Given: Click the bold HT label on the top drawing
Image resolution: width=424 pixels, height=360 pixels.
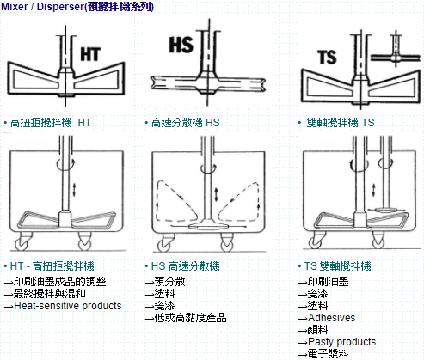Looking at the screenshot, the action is pos(90,54).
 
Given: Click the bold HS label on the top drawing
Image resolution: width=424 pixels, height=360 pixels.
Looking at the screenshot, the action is pos(181,45).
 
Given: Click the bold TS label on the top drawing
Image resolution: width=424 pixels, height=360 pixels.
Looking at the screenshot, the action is pos(327,57).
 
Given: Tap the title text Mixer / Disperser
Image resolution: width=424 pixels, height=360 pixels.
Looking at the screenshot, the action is pos(42,6).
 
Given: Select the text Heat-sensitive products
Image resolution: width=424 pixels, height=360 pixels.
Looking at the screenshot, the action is pos(68,306).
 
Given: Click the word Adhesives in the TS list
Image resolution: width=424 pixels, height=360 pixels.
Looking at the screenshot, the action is pos(331,318).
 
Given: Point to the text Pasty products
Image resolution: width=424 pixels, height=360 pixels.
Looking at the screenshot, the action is pos(341,342).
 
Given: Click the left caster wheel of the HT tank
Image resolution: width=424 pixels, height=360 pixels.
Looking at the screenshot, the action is pos(22,245).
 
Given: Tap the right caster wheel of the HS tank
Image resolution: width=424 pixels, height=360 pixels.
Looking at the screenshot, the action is pos(227,246).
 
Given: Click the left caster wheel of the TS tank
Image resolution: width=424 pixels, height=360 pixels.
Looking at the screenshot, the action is pos(315,243).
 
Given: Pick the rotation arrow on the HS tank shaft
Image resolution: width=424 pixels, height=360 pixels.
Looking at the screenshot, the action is pos(208,168).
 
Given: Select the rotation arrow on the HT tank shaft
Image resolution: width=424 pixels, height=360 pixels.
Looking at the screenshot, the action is pos(66,164).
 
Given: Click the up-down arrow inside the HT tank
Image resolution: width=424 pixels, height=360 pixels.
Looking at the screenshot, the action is pos(74,190).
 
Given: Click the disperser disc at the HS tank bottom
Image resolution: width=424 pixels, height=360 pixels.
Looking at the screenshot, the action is pos(209,227).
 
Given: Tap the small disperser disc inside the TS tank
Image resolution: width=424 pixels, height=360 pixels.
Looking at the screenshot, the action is pos(385,211).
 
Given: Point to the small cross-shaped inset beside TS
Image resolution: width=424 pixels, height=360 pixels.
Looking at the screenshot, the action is pos(396,57).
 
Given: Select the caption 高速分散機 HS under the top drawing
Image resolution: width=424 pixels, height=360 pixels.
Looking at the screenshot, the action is pos(185,123).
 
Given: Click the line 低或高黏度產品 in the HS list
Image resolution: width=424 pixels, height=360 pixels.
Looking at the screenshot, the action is pos(190,318).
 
